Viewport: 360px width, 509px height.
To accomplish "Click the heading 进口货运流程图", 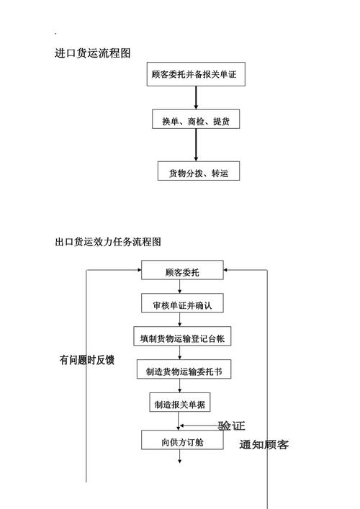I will coord(92,53).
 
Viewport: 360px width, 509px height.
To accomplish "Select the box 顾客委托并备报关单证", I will coord(195,73).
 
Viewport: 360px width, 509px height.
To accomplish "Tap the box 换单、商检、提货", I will coord(196,121).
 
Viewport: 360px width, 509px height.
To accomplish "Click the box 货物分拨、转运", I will coord(199,171).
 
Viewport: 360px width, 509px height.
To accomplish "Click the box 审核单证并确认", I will coord(181,305).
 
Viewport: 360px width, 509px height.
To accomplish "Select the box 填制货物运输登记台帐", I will coord(182,337).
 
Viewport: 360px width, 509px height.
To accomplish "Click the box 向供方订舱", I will coord(181,441).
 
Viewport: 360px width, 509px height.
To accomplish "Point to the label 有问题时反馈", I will coord(86,360).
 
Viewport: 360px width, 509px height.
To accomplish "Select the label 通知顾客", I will coord(264,444).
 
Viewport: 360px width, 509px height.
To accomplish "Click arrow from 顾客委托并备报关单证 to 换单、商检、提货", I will coord(195,97).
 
